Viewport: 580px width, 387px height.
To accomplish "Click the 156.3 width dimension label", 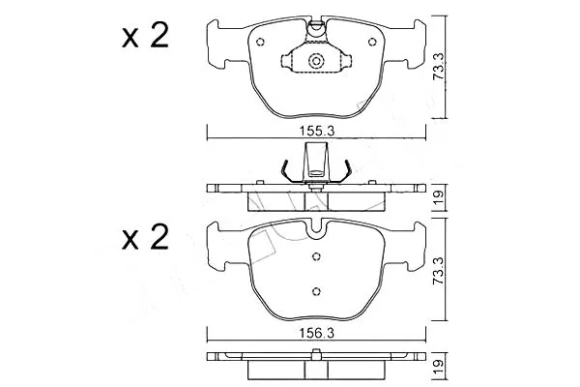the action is click(x=317, y=334).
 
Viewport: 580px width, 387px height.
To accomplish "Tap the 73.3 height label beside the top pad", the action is click(x=438, y=66).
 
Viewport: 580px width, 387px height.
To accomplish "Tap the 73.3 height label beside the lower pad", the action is click(x=438, y=270).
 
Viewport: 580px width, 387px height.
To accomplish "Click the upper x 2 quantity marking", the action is click(x=145, y=36).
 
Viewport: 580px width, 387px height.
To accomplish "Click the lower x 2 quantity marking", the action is click(x=145, y=237).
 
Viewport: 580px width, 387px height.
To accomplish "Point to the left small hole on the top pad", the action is click(x=260, y=42).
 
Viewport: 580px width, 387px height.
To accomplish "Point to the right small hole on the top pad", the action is click(x=372, y=43).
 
